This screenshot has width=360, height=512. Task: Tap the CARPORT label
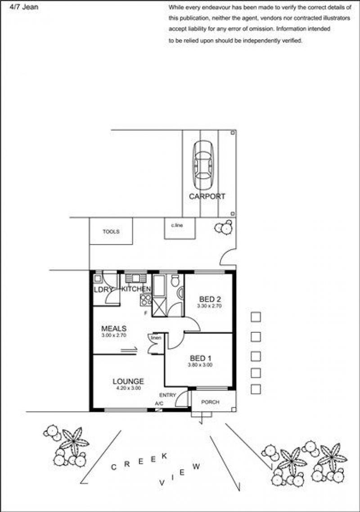207,196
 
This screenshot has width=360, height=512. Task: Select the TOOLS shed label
111,231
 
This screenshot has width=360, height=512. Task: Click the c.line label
177,225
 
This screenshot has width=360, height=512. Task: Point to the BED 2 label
210,299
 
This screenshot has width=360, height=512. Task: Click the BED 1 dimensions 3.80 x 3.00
200,365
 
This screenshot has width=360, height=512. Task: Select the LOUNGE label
128,381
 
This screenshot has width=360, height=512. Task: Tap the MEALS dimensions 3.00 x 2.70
113,335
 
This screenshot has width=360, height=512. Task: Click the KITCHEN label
136,289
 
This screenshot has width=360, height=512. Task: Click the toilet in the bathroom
175,280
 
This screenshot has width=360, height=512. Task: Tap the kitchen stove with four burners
146,300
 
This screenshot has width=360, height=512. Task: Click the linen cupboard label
156,338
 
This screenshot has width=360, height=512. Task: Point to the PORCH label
210,402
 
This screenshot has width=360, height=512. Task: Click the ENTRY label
167,395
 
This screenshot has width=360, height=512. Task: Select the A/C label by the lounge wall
159,403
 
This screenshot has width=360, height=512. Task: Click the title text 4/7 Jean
24,7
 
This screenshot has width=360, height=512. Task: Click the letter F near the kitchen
146,313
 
